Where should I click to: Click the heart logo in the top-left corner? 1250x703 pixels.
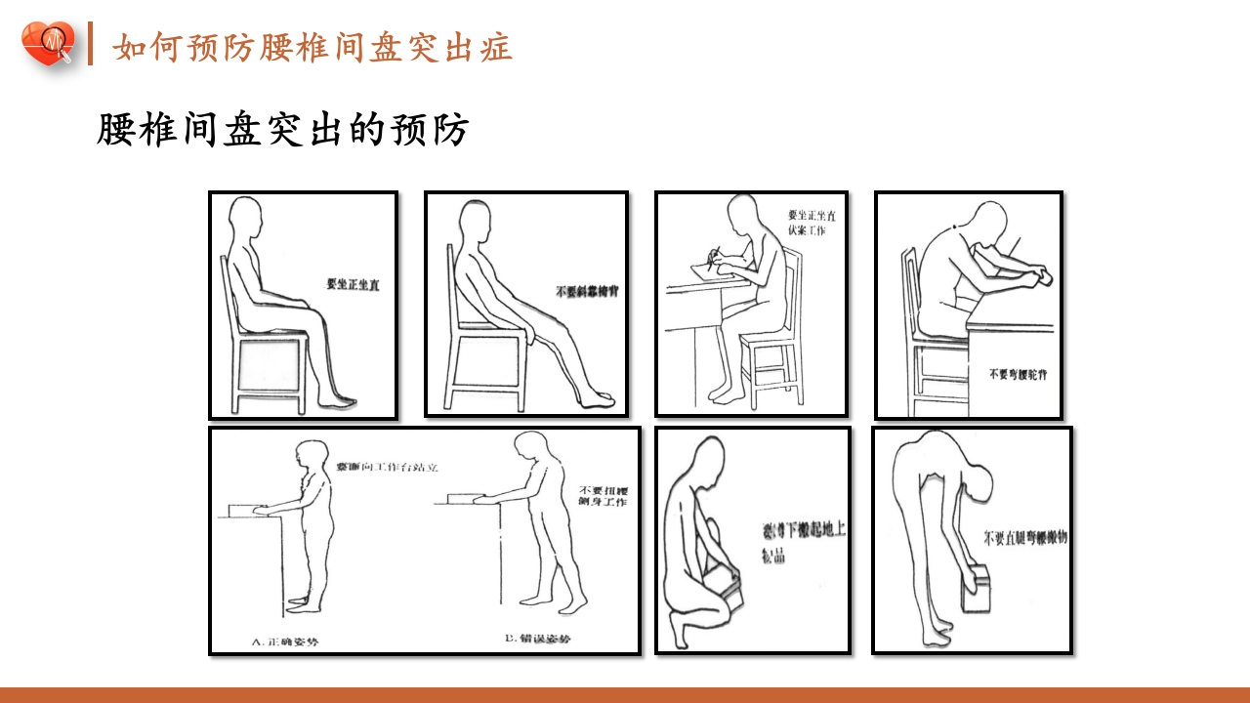(48, 45)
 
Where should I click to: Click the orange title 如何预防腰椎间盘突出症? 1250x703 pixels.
(312, 47)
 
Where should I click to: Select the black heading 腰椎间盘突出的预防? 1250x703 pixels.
(283, 130)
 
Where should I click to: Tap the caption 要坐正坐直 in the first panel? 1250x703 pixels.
(354, 284)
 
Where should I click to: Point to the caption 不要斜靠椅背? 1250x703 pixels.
(588, 291)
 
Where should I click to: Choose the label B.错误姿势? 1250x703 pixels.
(537, 639)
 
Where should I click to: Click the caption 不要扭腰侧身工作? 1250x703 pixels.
(603, 495)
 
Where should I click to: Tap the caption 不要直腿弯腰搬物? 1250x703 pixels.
(1024, 536)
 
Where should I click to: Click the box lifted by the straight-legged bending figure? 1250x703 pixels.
(979, 592)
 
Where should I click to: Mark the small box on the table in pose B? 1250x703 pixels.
(460, 499)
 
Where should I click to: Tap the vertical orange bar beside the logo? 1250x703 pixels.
(90, 44)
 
